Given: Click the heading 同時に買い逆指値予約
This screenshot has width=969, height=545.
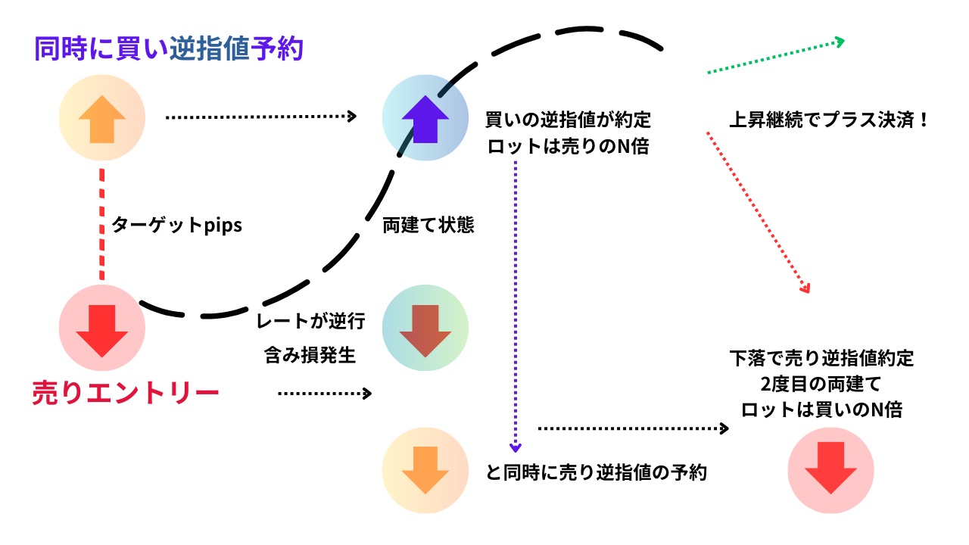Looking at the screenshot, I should pyautogui.click(x=169, y=48).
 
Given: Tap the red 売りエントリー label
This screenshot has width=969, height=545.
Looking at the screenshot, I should pyautogui.click(x=126, y=394).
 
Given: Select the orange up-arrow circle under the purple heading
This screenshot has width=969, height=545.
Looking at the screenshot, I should pyautogui.click(x=102, y=117).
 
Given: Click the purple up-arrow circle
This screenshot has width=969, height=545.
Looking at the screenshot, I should pyautogui.click(x=425, y=117).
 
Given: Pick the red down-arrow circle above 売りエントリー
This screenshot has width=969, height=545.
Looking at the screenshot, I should pyautogui.click(x=102, y=328).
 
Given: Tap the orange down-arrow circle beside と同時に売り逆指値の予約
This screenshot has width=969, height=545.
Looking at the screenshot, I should pyautogui.click(x=425, y=471).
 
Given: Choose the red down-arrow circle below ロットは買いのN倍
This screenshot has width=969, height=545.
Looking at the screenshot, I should pyautogui.click(x=830, y=471).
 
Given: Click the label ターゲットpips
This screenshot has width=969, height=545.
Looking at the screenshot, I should pyautogui.click(x=176, y=226).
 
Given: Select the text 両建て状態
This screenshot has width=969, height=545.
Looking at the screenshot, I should pyautogui.click(x=428, y=226).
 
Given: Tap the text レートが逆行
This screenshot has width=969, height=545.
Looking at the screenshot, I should pyautogui.click(x=311, y=322).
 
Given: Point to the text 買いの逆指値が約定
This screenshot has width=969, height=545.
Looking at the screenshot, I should pyautogui.click(x=568, y=120).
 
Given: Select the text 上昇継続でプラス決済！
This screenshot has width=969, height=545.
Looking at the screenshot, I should pyautogui.click(x=828, y=120).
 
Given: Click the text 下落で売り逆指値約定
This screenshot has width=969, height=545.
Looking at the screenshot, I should pyautogui.click(x=821, y=357).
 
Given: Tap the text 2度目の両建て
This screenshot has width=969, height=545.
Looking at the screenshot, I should pyautogui.click(x=821, y=384).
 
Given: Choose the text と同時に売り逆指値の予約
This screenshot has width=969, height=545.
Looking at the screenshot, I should pyautogui.click(x=597, y=473).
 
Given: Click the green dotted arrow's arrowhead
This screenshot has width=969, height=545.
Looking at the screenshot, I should pyautogui.click(x=839, y=41).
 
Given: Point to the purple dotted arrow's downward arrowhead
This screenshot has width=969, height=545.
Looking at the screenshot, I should pyautogui.click(x=516, y=447).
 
